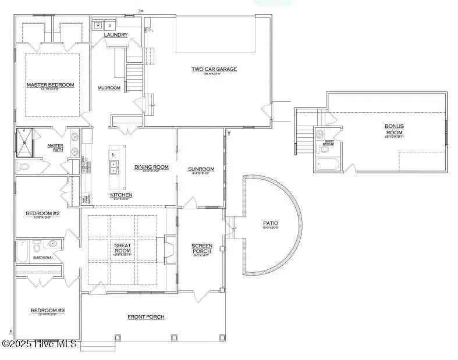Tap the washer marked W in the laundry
[98, 26]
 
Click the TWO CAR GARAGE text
[214, 69]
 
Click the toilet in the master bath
[24, 166]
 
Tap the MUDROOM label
[109, 88]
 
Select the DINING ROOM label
[151, 167]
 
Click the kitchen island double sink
[112, 167]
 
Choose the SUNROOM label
[201, 169]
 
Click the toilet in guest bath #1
[36, 245]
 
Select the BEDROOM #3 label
[47, 311]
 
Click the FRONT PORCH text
[145, 317]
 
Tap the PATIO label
[270, 223]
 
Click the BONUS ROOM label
[393, 129]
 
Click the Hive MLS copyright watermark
[40, 344]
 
